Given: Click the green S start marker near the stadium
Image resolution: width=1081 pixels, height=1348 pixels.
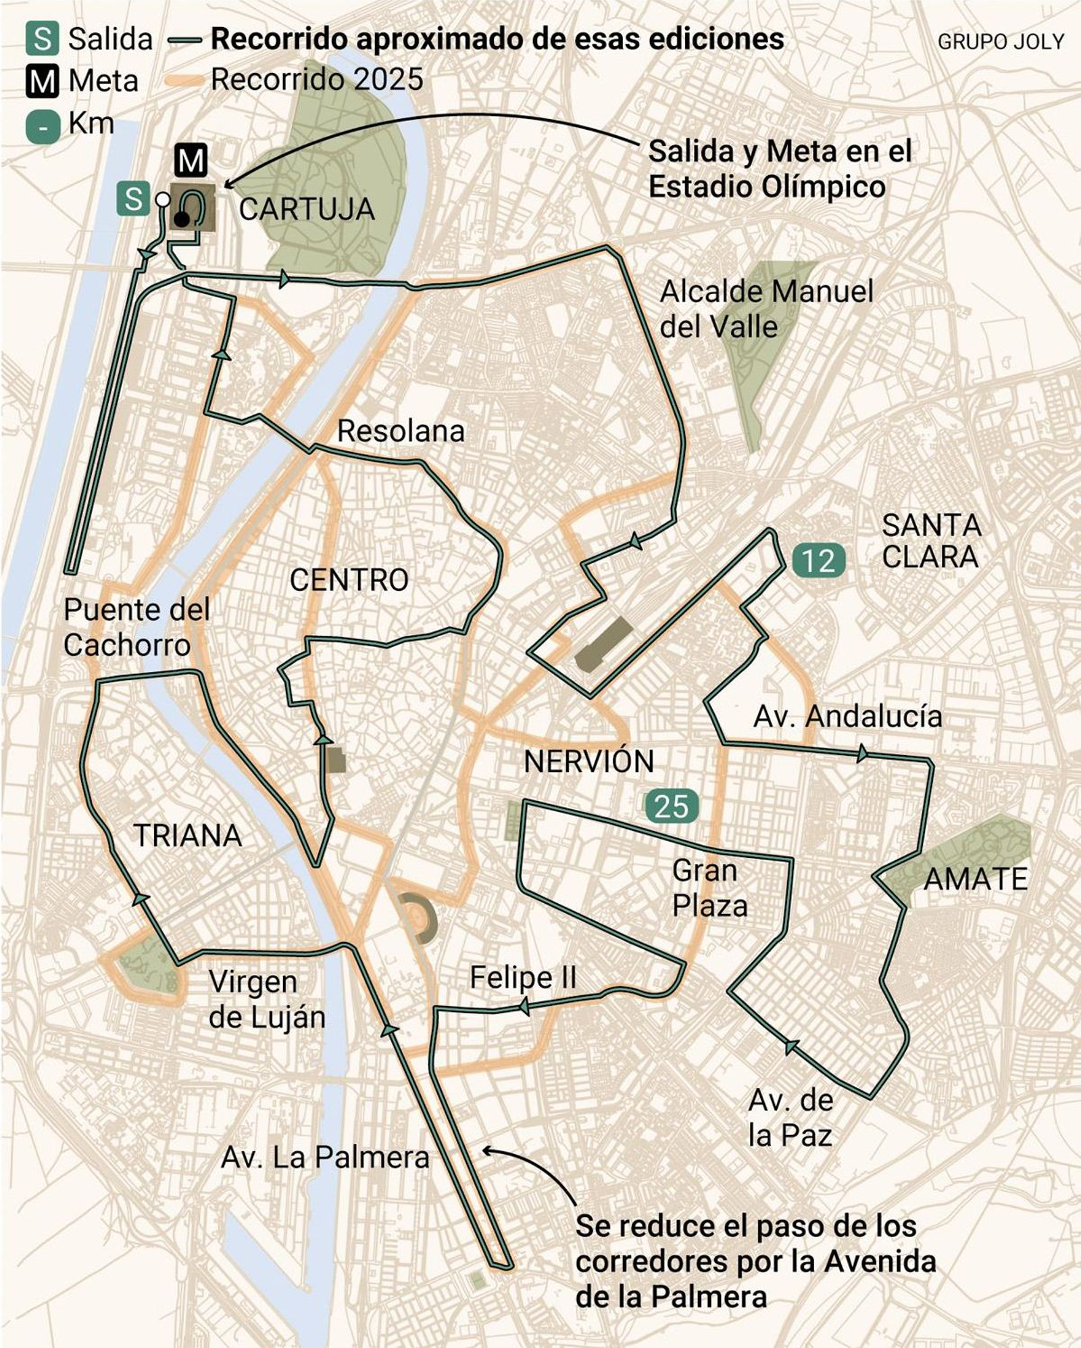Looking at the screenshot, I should (x=133, y=199).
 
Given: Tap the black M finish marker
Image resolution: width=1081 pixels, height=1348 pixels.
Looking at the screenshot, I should (x=191, y=161).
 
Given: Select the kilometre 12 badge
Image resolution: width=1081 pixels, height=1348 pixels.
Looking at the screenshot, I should (x=819, y=560).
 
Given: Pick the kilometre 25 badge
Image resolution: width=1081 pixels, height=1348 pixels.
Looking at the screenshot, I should (x=671, y=807).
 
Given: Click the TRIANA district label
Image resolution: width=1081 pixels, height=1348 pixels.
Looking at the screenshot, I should (x=188, y=836).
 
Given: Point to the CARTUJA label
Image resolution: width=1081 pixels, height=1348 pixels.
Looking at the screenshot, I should (x=307, y=210).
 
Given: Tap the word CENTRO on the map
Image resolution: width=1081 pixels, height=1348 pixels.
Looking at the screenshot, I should (x=349, y=580).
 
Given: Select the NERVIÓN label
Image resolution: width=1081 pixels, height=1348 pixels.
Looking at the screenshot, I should (x=588, y=762).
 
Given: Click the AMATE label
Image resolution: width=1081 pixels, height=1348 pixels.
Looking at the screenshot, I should (x=975, y=880).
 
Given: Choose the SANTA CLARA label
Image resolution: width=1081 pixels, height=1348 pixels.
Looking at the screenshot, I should (x=931, y=541).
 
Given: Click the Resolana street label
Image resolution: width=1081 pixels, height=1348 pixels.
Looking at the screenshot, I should (x=401, y=431).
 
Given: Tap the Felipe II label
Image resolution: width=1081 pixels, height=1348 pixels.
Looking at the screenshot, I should (x=523, y=978).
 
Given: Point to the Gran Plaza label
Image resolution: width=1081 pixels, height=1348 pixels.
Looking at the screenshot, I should (x=709, y=888).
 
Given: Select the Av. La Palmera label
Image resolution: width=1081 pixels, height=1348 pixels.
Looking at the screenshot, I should (x=325, y=1158).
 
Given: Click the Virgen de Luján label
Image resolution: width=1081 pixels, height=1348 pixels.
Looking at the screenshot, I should (x=267, y=1000).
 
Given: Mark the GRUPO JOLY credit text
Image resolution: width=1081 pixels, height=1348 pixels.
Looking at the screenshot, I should (x=1000, y=42).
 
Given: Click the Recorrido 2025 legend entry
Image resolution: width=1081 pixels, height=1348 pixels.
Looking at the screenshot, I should (x=316, y=80).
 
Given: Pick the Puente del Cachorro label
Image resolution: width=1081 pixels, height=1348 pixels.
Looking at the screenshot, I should (x=136, y=627).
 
